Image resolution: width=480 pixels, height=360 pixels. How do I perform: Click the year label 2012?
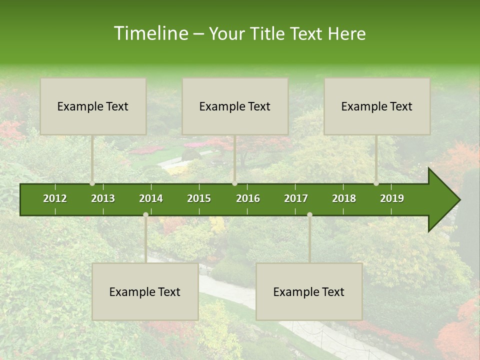tap(55, 198)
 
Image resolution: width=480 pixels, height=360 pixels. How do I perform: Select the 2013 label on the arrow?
tap(103, 198)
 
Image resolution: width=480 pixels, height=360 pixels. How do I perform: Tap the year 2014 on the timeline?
tap(151, 198)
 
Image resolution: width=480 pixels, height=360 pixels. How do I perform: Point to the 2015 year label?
tap(199, 198)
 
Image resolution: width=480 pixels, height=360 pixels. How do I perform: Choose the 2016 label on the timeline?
tap(248, 198)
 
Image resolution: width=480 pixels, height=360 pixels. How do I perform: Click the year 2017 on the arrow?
tap(296, 198)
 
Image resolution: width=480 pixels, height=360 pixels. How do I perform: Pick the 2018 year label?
tap(344, 198)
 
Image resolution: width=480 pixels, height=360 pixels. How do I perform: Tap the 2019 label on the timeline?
tap(392, 198)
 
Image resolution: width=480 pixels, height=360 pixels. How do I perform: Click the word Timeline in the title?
tap(150, 33)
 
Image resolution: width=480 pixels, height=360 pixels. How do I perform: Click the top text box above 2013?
tap(93, 106)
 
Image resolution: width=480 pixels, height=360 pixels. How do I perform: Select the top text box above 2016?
tap(235, 106)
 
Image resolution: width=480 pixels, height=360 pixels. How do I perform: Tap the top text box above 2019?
tap(377, 106)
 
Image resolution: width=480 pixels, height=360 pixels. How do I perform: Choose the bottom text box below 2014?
tap(145, 291)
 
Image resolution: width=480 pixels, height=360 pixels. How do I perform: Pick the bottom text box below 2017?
tap(309, 291)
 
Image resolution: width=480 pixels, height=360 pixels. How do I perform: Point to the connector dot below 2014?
tap(145, 215)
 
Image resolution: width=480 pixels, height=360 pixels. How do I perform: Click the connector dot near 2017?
tap(309, 215)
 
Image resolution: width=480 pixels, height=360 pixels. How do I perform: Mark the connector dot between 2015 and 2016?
tap(234, 183)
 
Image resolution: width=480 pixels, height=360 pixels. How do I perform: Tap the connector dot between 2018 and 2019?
tap(376, 183)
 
